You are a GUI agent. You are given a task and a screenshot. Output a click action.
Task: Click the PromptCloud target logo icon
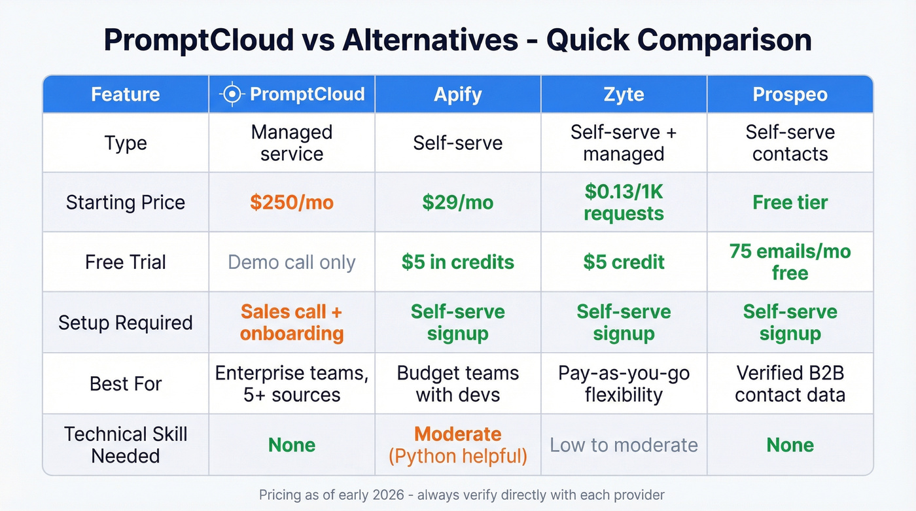[x=232, y=94]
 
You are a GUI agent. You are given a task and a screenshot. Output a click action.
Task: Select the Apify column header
[x=458, y=94]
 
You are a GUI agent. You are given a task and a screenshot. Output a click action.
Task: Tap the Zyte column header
[x=624, y=94]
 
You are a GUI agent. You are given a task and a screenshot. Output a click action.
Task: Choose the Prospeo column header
[x=790, y=94]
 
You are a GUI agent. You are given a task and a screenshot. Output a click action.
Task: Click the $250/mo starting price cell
[x=292, y=202]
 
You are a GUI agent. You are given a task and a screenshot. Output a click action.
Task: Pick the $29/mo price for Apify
[x=458, y=202]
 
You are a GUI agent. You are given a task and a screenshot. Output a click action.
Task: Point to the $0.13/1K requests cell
[x=624, y=202]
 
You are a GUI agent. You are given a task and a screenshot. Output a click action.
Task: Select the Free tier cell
[x=790, y=202]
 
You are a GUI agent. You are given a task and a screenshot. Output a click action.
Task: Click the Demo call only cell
[x=292, y=262]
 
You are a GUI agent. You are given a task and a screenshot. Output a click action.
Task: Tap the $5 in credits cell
[x=458, y=262]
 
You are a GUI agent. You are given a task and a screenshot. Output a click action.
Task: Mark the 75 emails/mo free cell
[x=790, y=262]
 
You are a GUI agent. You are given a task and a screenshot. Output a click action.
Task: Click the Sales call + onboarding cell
[x=292, y=323]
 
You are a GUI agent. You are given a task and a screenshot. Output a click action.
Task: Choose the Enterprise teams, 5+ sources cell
[x=292, y=383]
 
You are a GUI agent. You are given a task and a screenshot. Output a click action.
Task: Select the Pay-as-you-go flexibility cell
[x=624, y=383]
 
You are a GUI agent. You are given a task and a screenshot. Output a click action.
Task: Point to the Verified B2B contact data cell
[x=790, y=383]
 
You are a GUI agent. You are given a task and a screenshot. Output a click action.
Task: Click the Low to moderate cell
[x=624, y=445]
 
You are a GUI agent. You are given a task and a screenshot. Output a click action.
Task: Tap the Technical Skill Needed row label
[x=126, y=445]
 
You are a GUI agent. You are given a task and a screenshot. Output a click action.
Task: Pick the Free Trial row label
[x=126, y=262]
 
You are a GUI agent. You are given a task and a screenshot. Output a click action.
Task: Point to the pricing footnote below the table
[x=462, y=494]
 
